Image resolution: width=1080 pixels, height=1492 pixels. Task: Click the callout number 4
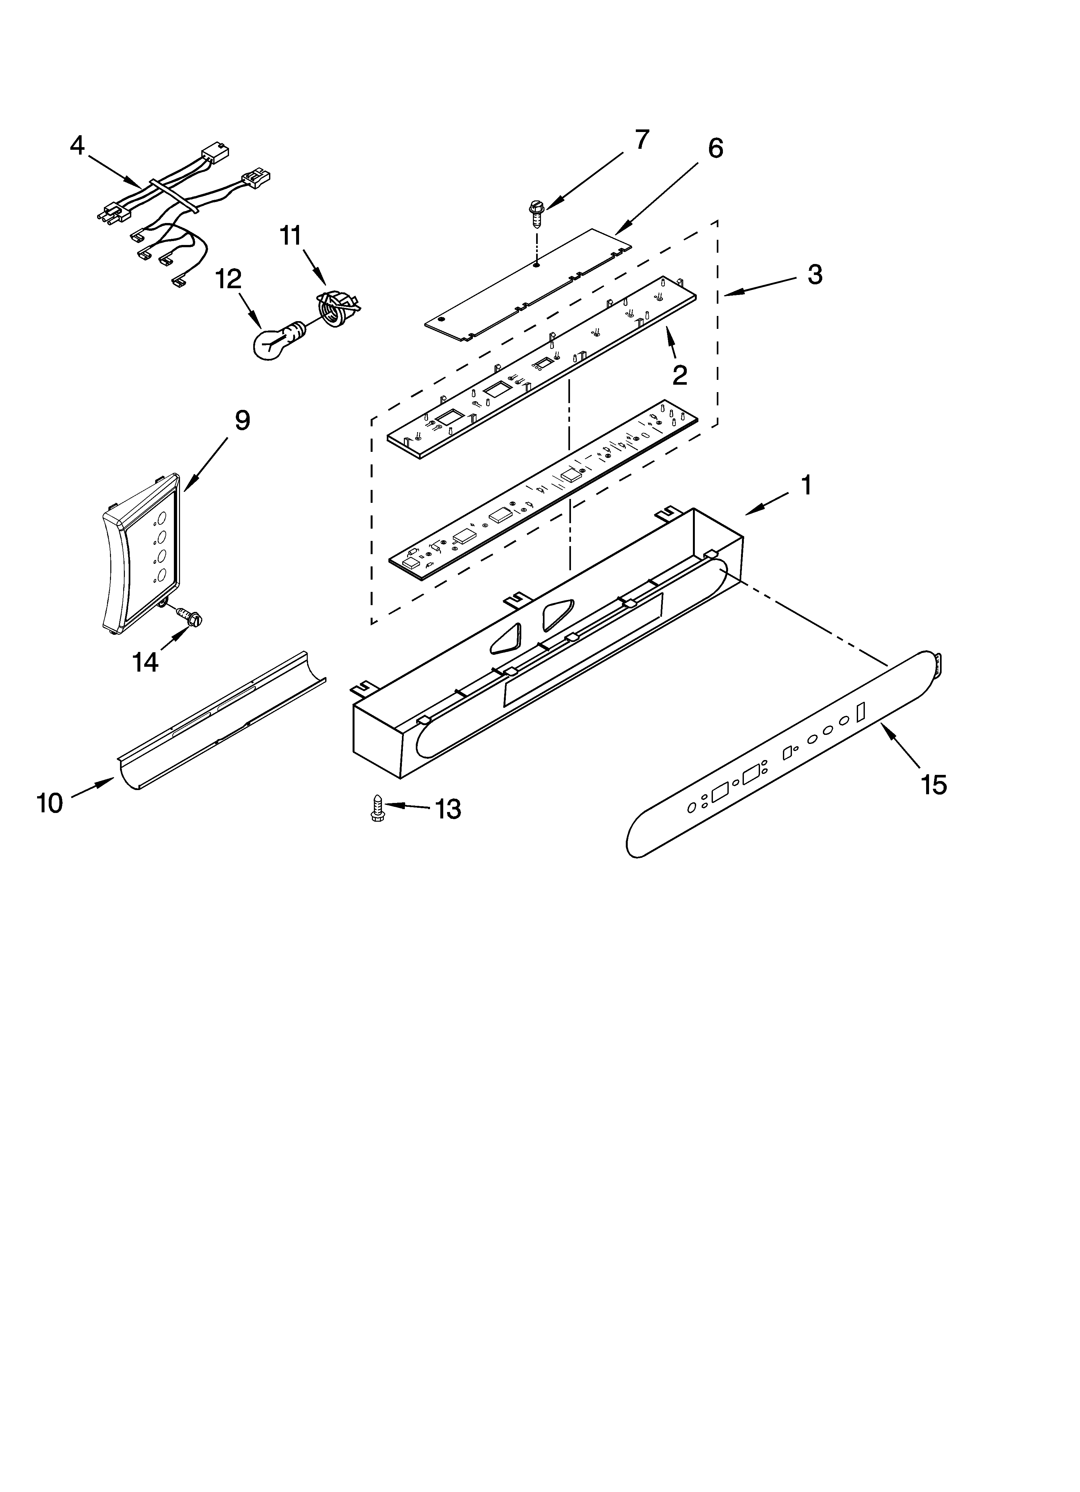pyautogui.click(x=78, y=145)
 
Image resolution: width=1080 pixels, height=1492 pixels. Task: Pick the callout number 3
pyautogui.click(x=814, y=274)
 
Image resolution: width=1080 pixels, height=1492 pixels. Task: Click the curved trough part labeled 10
pyautogui.click(x=220, y=720)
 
